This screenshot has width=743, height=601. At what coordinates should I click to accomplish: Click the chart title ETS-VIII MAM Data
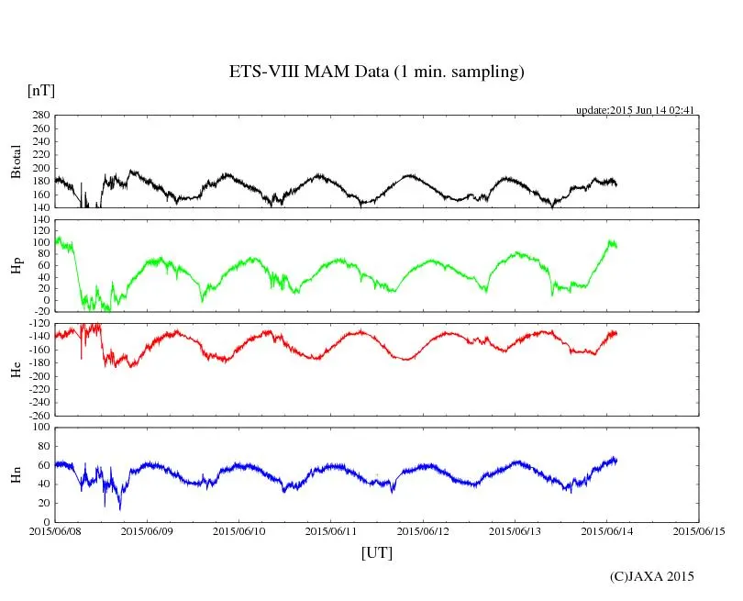(376, 72)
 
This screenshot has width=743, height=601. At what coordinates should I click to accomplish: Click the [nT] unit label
(40, 91)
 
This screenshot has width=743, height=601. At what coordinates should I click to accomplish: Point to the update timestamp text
(634, 110)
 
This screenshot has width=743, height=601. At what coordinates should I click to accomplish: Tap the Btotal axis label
(16, 161)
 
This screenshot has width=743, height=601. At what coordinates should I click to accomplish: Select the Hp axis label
(16, 265)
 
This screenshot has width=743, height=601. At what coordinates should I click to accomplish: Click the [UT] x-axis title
(376, 552)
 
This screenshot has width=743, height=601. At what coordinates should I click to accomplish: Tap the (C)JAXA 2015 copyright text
(651, 576)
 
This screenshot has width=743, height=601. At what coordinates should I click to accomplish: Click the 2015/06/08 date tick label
(55, 531)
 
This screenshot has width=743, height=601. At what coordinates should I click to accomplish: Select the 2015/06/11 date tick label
(331, 531)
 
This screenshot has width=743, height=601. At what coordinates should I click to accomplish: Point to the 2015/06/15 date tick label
(699, 531)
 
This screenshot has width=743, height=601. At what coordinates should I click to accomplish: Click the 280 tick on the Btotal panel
(39, 116)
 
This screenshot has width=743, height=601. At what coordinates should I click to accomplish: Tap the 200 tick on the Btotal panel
(39, 168)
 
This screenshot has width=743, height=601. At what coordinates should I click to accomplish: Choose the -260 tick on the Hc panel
(38, 415)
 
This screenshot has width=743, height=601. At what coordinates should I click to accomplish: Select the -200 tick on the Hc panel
(38, 376)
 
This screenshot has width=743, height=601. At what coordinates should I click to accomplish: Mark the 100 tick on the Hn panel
(39, 427)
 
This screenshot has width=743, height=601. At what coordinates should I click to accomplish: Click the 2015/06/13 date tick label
(516, 531)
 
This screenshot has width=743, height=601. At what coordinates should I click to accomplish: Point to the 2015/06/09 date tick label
(147, 531)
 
